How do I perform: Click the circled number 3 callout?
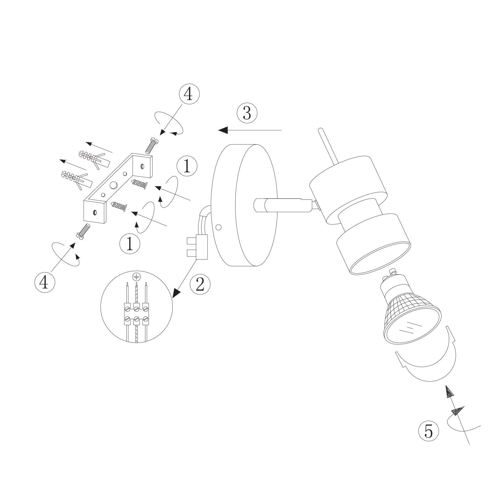pyautogui.click(x=247, y=113)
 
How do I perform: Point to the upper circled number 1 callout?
pyautogui.click(x=187, y=166)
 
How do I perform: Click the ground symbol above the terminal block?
pyautogui.click(x=137, y=276)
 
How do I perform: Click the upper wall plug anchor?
pyautogui.click(x=93, y=158)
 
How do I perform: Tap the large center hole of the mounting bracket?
pyautogui.click(x=114, y=185)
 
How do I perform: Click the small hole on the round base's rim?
pyautogui.click(x=219, y=228)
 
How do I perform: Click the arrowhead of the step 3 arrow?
pyautogui.click(x=223, y=130)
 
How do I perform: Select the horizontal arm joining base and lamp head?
pyautogui.click(x=285, y=205)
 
